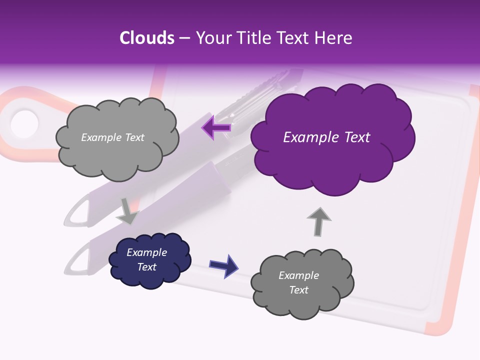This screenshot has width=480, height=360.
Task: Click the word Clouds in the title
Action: [147, 38]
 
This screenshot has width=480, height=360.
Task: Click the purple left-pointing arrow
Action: [216, 127]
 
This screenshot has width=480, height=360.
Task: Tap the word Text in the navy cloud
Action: [146, 267]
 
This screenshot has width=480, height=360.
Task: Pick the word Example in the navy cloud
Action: [146, 252]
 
